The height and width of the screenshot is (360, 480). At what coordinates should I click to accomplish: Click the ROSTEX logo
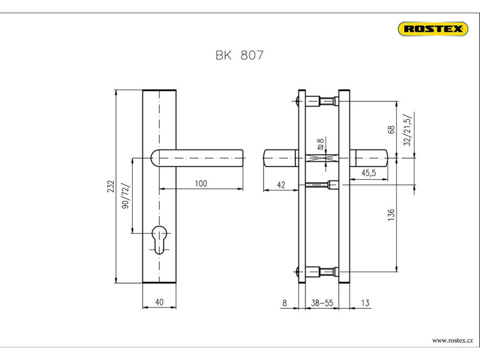[x=433, y=29]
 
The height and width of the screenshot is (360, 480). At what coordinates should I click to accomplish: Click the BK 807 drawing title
[x=240, y=55]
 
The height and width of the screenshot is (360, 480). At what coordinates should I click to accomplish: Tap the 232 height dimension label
[x=111, y=187]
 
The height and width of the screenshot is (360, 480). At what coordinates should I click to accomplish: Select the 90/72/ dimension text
[x=126, y=196]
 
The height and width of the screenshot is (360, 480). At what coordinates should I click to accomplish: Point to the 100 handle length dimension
[x=201, y=183]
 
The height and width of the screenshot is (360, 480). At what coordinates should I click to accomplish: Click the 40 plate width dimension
[x=159, y=302]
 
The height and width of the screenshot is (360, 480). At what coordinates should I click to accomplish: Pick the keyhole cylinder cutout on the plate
[x=159, y=240]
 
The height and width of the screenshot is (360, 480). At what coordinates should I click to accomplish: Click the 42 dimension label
[x=281, y=185]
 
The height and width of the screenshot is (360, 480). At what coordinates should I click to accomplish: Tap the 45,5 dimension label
[x=368, y=173]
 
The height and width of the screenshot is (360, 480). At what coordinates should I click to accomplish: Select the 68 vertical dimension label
[x=391, y=129]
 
